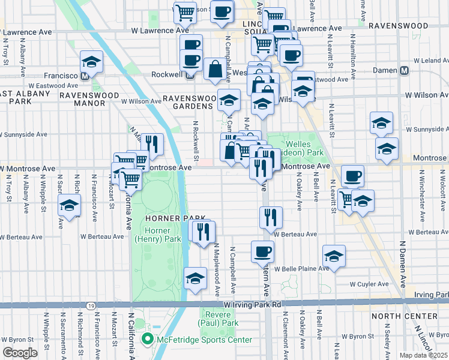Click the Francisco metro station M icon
tap(85, 76)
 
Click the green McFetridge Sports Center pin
tap(146, 340)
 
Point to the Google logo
tap(19, 353)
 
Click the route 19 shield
tap(90, 305)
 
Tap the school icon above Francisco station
tap(91, 62)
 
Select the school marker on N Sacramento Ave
tap(69, 206)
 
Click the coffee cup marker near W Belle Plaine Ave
tap(262, 252)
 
